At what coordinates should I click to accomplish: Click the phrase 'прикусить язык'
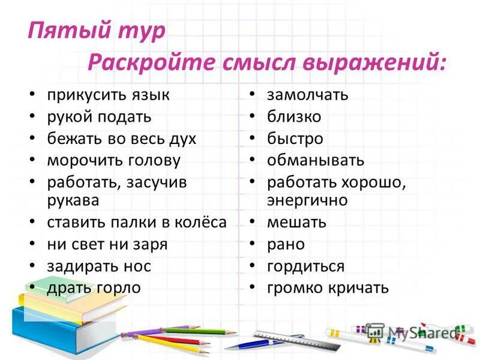[109, 95]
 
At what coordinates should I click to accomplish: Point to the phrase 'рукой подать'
[99, 116]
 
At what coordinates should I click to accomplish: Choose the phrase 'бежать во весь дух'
[122, 139]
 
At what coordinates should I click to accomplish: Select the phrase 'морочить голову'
[113, 160]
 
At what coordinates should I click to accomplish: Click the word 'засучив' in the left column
[157, 182]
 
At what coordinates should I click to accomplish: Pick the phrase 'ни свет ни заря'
[107, 244]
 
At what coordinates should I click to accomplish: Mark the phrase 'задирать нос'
[99, 266]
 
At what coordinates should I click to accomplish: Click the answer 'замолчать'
[308, 95]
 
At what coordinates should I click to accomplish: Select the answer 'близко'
[294, 116]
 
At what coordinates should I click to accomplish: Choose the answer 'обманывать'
[316, 160]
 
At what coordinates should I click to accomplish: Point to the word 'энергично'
[307, 200]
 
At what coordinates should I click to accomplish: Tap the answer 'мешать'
[297, 222]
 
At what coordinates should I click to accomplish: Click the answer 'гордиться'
[306, 266]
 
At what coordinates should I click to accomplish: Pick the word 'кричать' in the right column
[358, 287]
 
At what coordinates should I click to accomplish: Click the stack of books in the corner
[54, 312]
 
